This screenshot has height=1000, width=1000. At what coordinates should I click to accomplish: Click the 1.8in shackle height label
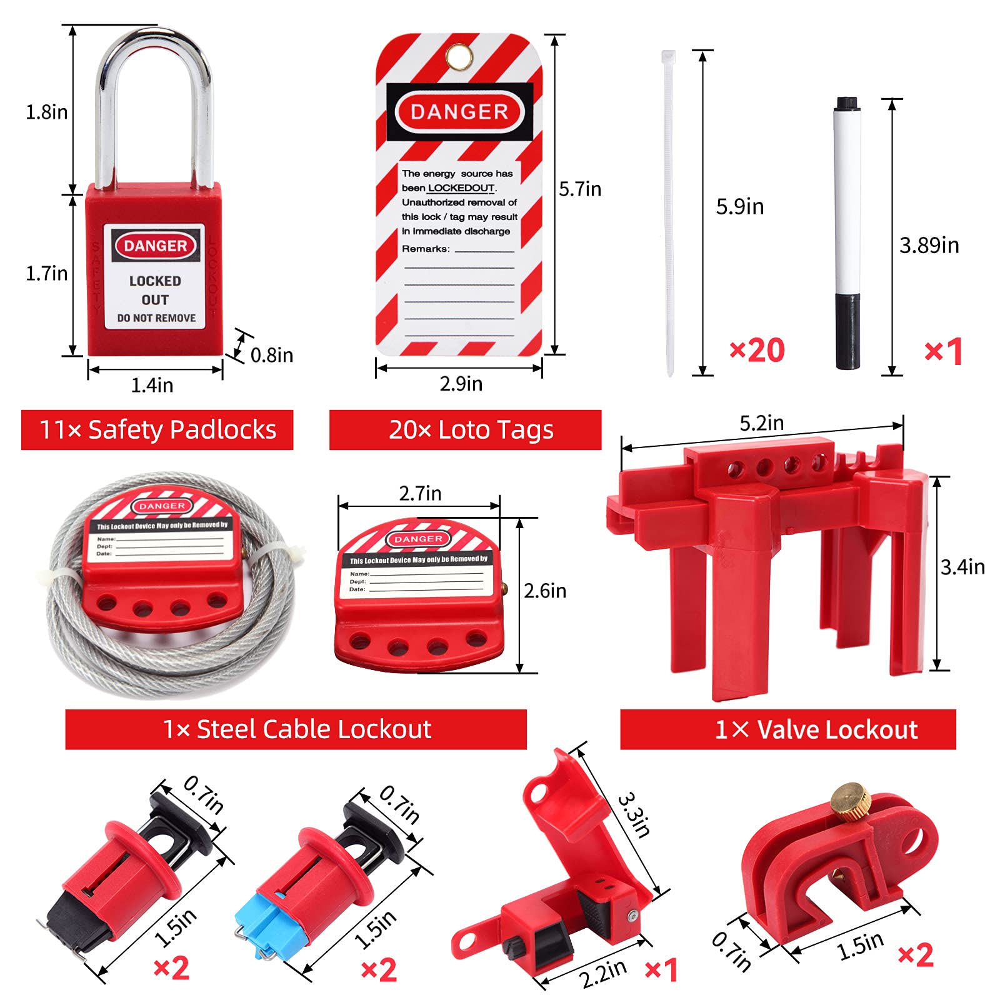click(x=46, y=112)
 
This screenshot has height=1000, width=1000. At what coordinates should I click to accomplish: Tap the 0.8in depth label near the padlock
click(x=271, y=356)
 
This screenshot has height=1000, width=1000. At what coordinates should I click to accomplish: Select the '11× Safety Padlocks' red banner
click(x=157, y=430)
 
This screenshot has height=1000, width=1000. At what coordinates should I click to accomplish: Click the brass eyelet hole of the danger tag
click(x=460, y=56)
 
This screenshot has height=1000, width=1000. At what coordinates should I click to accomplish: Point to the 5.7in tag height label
click(x=579, y=189)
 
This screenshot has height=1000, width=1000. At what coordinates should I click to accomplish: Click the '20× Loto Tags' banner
click(x=465, y=430)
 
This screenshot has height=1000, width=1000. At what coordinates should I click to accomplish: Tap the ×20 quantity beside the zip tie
click(x=757, y=350)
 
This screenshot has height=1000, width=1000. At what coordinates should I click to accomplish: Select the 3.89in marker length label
click(x=929, y=246)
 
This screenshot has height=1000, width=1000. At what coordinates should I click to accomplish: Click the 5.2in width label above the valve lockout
click(x=761, y=423)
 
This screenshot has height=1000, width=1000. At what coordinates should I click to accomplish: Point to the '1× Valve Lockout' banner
click(x=787, y=729)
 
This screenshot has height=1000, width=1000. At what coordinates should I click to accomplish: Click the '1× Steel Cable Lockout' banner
click(x=296, y=729)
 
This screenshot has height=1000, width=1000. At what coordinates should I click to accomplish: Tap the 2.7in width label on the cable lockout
click(x=420, y=494)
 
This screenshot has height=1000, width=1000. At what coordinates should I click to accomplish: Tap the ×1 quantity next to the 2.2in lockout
click(x=661, y=970)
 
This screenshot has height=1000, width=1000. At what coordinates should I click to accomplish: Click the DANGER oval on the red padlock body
click(x=155, y=246)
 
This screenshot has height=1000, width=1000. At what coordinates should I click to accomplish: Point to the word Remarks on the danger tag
click(x=426, y=249)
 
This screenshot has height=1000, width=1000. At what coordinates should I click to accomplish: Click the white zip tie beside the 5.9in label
click(x=669, y=212)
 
